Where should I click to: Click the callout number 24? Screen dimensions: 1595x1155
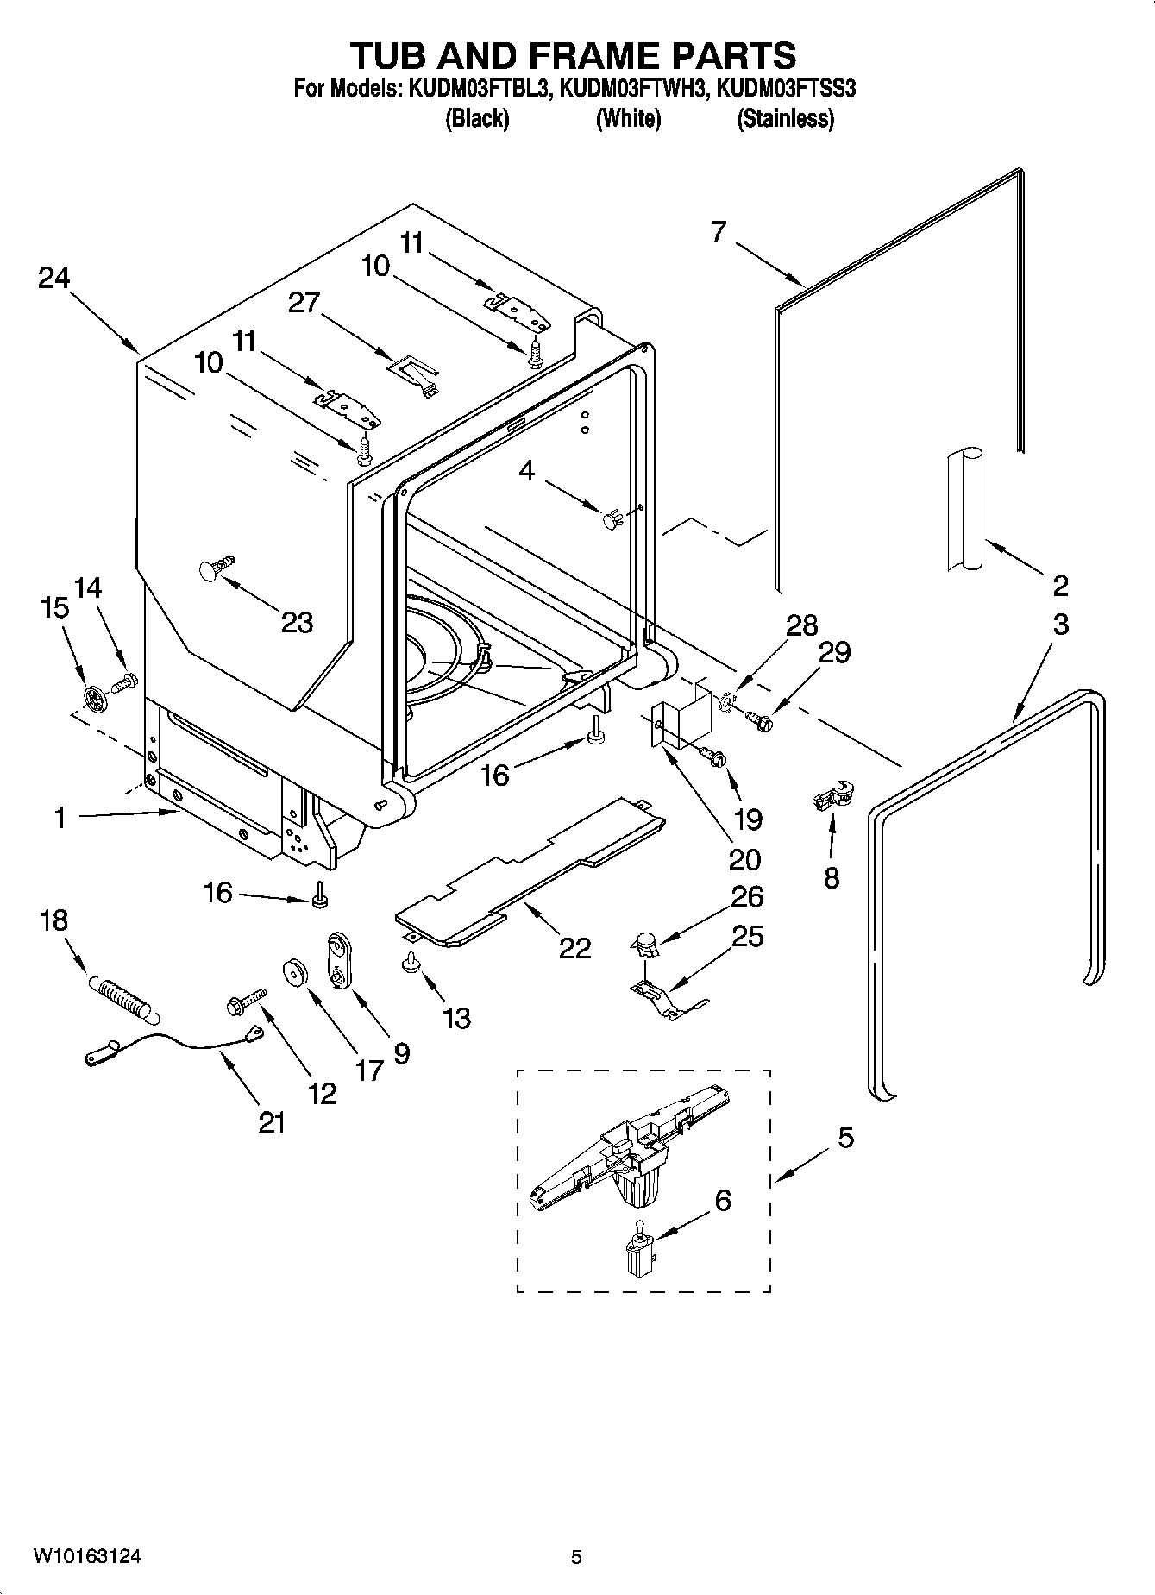pos(53,278)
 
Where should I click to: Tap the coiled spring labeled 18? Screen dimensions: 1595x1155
pos(122,996)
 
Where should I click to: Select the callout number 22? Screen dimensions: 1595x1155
pos(574,948)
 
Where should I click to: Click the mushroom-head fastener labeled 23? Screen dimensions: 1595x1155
pos(214,567)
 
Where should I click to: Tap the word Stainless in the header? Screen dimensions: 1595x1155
pos(785,118)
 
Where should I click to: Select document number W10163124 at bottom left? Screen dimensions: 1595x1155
pos(87,1556)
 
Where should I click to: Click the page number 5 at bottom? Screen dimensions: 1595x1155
pos(576,1557)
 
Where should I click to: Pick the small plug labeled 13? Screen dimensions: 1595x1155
pos(411,964)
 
